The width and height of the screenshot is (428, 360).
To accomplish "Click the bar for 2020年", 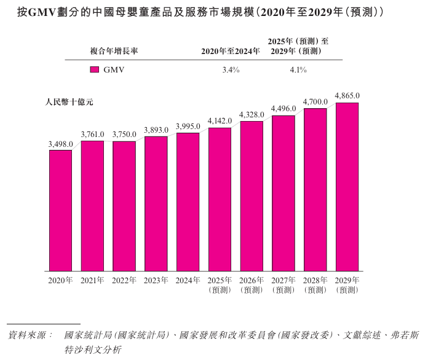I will click(61, 211).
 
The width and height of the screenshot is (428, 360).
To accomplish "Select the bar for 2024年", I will click(188, 202).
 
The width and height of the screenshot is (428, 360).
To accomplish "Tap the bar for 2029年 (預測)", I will click(347, 187).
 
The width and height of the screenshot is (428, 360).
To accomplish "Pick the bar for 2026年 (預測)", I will click(252, 196).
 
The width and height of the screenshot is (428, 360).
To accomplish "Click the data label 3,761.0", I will click(93, 135).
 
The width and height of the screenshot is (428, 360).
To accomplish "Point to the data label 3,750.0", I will click(124, 135).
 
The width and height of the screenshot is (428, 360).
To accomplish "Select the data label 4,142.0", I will click(220, 121).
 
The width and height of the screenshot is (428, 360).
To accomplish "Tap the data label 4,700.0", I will click(315, 102).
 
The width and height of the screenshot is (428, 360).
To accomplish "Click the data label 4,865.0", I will click(347, 96).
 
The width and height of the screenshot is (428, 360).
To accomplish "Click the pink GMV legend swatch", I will click(95, 70).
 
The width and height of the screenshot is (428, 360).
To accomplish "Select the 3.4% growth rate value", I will click(231, 70).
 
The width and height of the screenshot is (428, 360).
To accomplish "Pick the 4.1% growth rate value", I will click(298, 70).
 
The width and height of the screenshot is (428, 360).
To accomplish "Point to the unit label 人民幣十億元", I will click(69, 102).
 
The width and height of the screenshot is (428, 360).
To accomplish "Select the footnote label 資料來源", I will click(31, 335).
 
